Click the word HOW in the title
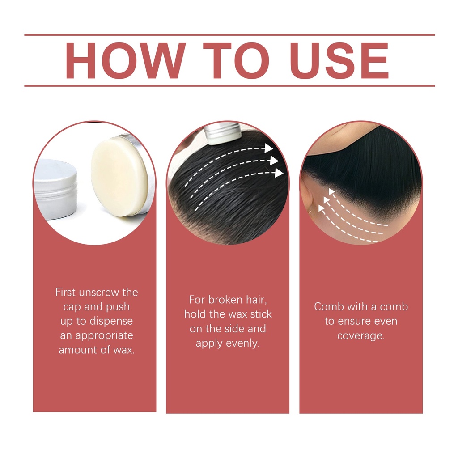click(126, 61)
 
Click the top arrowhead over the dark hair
click(268, 148)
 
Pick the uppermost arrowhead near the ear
click(332, 192)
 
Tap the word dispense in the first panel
click(111, 321)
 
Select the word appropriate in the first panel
click(104, 336)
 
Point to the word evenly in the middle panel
click(243, 343)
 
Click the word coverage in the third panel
click(361, 336)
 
